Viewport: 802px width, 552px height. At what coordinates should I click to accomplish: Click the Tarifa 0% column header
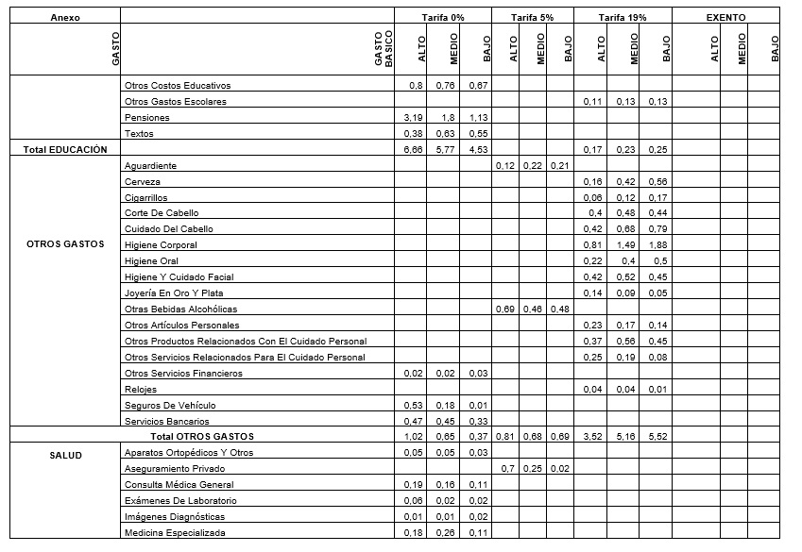pos(443,17)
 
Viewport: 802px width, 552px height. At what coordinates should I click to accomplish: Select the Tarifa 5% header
pos(532,17)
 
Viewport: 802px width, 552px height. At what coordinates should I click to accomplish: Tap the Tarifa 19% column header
pos(623,17)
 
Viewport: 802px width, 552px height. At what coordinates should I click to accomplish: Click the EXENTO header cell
pos(725,17)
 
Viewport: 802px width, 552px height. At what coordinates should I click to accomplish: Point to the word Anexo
pos(64,17)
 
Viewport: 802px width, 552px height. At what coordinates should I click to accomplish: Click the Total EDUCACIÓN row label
pos(64,149)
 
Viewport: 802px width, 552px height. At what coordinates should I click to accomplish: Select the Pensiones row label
pos(146,118)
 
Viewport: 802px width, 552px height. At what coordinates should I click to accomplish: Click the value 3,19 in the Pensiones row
pos(414,118)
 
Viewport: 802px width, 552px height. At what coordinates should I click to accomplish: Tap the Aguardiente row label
pos(151,166)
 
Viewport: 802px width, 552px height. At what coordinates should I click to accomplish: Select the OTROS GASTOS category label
pos(64,245)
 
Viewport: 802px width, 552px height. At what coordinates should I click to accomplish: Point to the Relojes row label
pos(141,389)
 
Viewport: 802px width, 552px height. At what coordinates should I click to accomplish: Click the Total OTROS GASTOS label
pos(202,437)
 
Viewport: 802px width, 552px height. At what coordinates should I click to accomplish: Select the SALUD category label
pos(64,455)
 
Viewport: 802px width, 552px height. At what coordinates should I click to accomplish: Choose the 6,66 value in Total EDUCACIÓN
pos(414,149)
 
